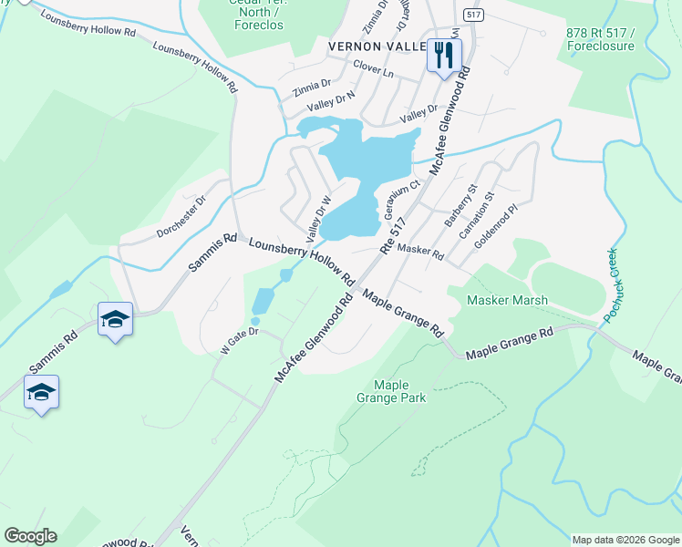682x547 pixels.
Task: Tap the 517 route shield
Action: click(x=471, y=15)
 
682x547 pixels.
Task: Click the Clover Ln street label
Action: click(x=373, y=69)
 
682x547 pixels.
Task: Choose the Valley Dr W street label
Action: click(x=318, y=219)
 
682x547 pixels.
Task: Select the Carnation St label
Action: click(x=477, y=215)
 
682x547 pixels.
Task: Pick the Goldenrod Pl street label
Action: click(x=500, y=222)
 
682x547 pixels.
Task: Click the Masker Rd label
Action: click(x=420, y=253)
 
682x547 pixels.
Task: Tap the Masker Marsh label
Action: click(x=507, y=300)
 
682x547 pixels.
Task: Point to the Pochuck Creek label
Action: click(x=609, y=285)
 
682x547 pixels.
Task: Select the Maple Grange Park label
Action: click(x=391, y=391)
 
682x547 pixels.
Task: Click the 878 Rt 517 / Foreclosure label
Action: click(x=599, y=38)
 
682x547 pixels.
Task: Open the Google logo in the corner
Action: click(x=30, y=536)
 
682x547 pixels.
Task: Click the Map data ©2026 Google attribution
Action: click(x=625, y=540)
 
